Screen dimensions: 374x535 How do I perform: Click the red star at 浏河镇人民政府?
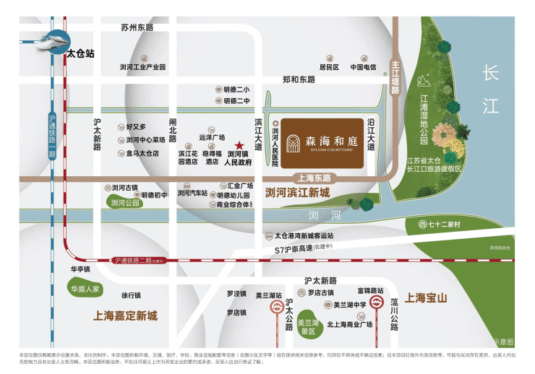[x=239, y=145]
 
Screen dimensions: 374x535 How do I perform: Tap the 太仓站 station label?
[x=80, y=53]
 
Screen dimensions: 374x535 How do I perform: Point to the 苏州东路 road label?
[x=137, y=27]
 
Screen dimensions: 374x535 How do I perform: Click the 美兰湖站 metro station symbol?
[x=276, y=308]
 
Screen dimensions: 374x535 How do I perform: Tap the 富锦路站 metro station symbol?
[x=377, y=303]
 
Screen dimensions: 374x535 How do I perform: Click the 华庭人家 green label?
[x=87, y=290]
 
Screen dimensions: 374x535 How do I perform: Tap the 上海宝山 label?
[x=427, y=297]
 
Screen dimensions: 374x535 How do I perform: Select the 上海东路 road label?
[x=314, y=177]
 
